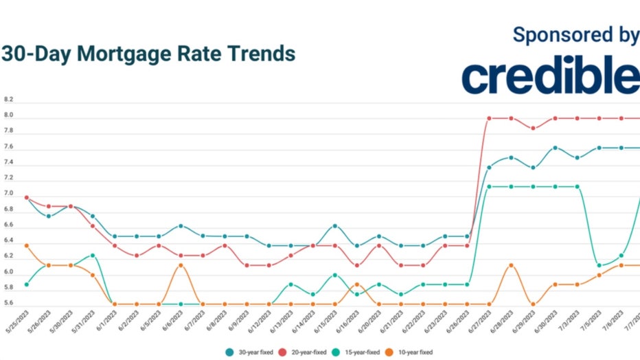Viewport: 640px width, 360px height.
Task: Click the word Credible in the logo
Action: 550,77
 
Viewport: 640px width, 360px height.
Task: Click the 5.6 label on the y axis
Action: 8,304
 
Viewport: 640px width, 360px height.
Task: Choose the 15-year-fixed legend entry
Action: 358,352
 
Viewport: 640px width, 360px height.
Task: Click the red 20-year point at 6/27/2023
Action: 489,118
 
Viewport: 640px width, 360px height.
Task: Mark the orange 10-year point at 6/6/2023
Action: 181,265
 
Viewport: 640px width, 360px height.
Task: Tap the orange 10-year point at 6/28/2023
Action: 511,265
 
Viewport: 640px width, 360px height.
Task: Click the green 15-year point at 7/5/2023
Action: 599,265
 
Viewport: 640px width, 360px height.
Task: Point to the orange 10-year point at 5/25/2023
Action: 27,245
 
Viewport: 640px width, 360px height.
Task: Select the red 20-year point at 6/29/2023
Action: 533,128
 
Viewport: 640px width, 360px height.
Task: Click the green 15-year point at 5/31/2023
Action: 93,256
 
